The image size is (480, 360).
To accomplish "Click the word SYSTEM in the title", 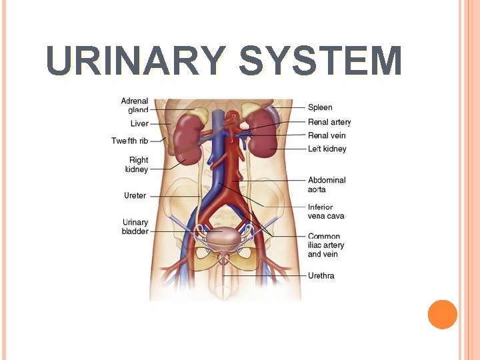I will click(x=320, y=61).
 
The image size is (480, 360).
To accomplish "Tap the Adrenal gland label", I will click(x=135, y=105).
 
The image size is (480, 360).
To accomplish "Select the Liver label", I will click(x=139, y=123).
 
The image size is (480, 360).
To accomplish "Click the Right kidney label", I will click(x=137, y=165).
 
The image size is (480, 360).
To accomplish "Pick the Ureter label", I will click(x=135, y=196).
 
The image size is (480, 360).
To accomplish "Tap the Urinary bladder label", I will click(x=135, y=227).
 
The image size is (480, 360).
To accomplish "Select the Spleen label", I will click(x=320, y=107).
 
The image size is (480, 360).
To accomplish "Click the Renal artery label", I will click(x=329, y=122).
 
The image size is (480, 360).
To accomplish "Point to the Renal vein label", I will click(x=327, y=135).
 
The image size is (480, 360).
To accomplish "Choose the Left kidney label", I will click(x=327, y=149).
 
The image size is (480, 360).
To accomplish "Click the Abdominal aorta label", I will click(x=327, y=185).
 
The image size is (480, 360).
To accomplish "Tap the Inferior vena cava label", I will click(x=326, y=211).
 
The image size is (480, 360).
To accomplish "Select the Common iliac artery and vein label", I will click(x=326, y=245).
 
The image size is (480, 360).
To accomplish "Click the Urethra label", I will click(x=321, y=275).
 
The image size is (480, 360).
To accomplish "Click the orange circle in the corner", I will click(x=442, y=314).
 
